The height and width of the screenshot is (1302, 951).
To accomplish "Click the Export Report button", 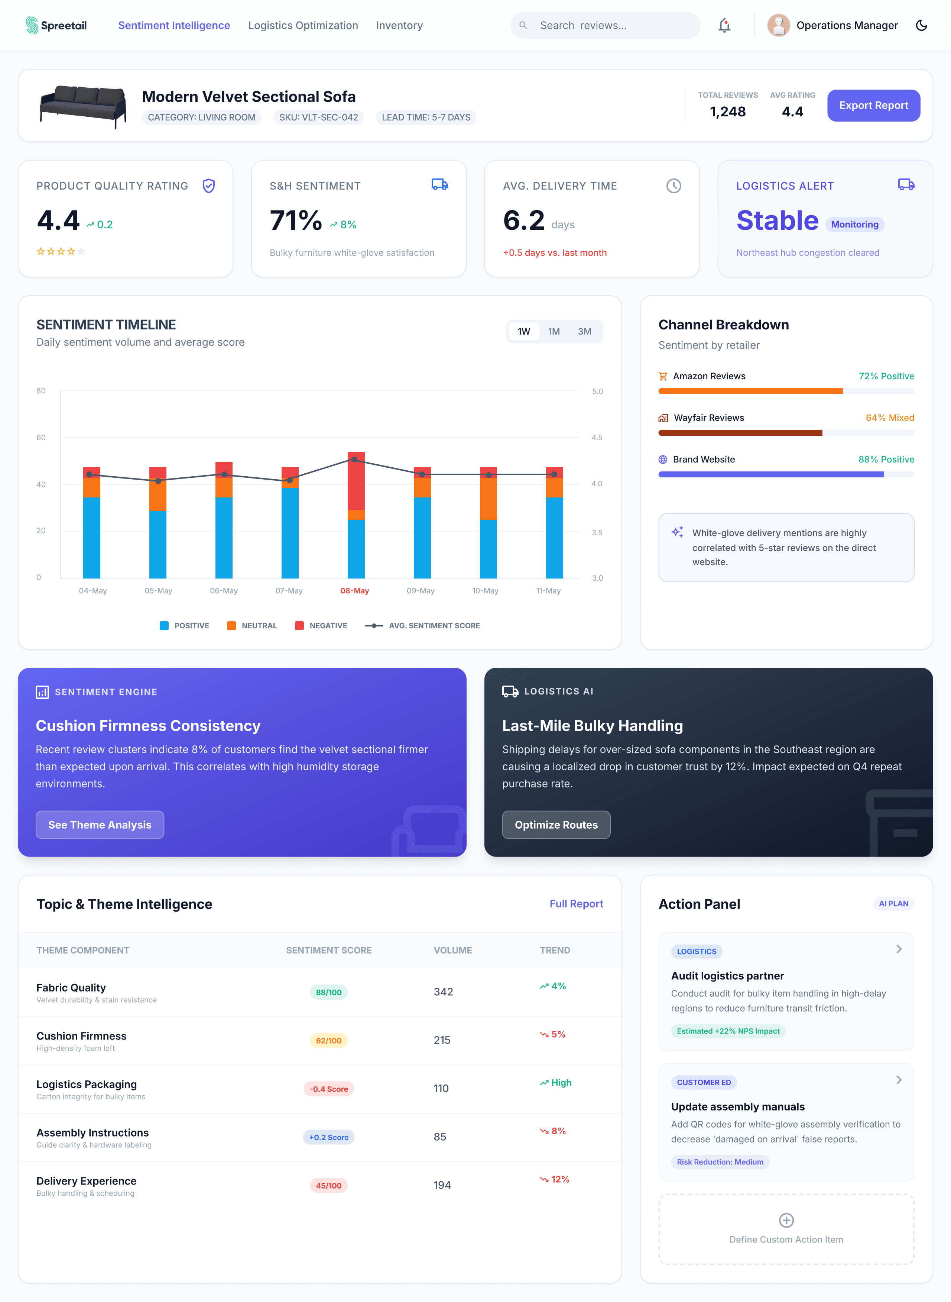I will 873,106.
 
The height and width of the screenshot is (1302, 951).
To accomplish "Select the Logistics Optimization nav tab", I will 303,25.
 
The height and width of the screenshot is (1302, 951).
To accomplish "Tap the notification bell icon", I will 724,25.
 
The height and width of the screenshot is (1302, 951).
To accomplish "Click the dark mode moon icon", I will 921,25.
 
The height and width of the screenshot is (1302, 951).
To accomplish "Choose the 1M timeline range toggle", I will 554,331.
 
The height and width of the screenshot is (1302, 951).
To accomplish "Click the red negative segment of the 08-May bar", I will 356,481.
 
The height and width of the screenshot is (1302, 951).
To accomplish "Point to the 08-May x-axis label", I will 355,590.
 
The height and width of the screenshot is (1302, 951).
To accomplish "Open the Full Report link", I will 576,903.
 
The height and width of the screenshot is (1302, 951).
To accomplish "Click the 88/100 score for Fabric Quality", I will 329,992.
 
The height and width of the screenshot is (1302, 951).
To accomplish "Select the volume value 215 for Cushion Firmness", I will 442,1040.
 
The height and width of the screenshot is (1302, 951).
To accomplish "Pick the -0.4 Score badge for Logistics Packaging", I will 329,1089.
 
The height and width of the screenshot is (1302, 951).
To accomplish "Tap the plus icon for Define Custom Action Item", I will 786,1220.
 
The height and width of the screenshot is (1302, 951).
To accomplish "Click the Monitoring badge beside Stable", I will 854,224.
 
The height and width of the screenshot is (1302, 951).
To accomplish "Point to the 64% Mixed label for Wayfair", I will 889,418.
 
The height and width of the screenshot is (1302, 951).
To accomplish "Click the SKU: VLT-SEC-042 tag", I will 318,117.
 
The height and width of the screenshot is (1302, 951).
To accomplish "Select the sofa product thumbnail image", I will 83,106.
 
